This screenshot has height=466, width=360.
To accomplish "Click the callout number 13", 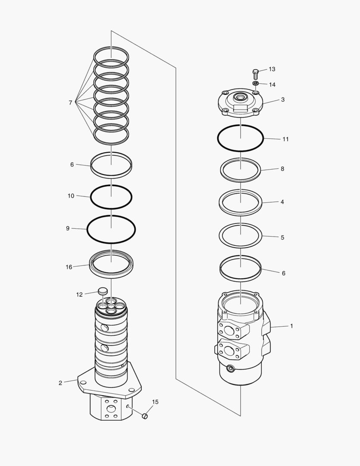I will coord(272,69).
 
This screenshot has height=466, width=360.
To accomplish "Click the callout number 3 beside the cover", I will coord(282,100).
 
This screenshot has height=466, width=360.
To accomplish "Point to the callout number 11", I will coord(285,139).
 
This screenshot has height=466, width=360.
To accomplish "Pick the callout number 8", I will coord(282,169).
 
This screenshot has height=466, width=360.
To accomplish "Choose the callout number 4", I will coord(282,202).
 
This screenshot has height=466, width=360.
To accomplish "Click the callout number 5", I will coord(282,237).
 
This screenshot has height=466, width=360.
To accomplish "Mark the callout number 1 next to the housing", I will coord(291,326).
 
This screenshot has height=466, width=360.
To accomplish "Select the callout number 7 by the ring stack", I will coord(70,103).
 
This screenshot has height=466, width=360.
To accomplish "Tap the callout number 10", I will coord(71,196).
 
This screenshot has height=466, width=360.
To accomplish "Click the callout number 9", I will coord(68,228).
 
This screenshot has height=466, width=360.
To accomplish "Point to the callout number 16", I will coord(69,267).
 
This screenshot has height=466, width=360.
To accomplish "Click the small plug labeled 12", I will coord(103,291).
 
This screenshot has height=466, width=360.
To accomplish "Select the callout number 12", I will coord(79,295).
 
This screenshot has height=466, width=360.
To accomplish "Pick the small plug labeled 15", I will coord(145,416).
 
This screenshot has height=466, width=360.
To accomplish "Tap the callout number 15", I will coord(155,402).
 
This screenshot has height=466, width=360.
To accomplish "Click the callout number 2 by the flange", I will coord(60,383).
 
